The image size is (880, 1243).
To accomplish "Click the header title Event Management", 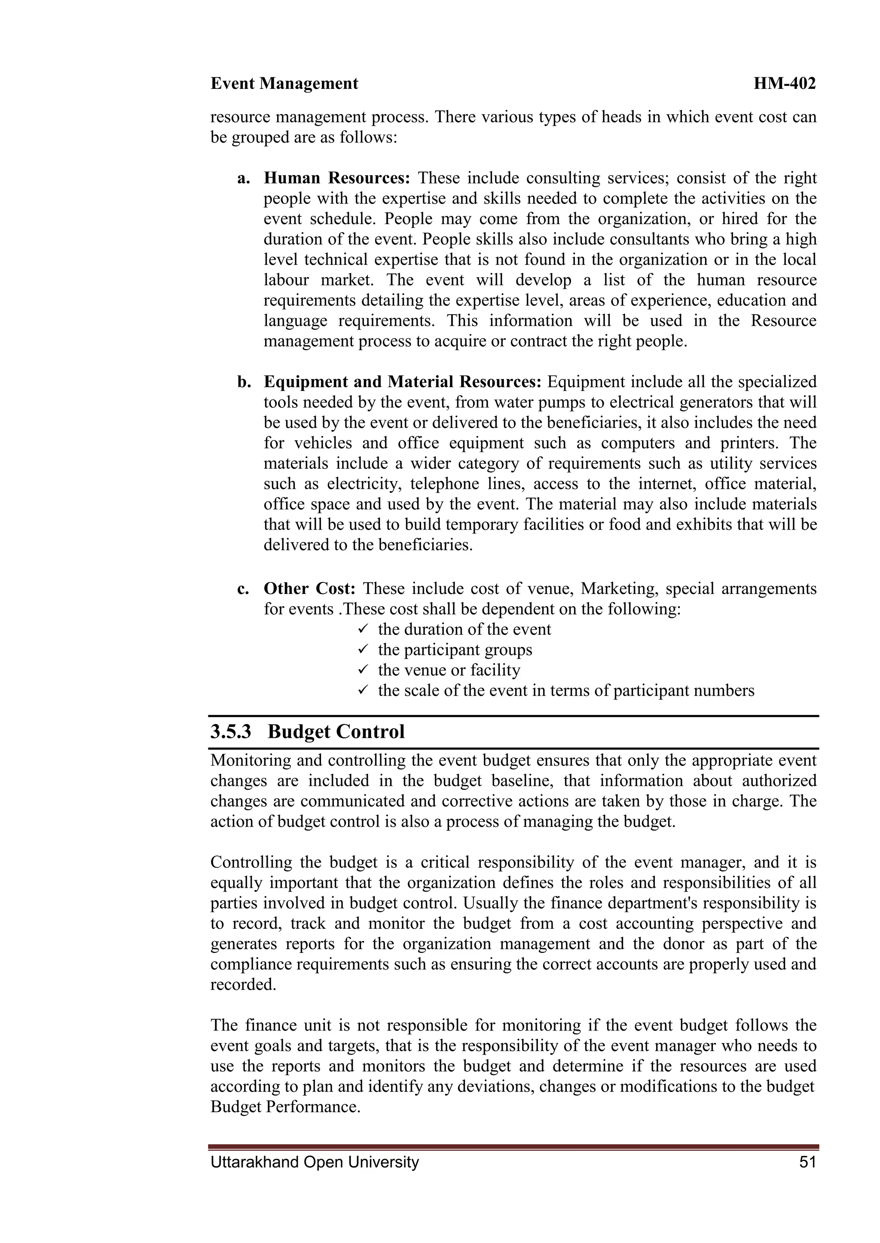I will [x=284, y=84].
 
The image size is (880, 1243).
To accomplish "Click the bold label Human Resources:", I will [x=336, y=178].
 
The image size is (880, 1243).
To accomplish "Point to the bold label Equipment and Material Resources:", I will [x=402, y=382].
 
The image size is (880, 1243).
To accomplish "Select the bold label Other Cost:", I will [x=309, y=588].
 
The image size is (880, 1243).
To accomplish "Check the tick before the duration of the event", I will [x=364, y=629].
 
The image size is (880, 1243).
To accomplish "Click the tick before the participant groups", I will [x=364, y=650].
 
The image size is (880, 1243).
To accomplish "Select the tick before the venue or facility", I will [x=364, y=670].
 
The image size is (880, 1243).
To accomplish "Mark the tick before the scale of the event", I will [x=364, y=690].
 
